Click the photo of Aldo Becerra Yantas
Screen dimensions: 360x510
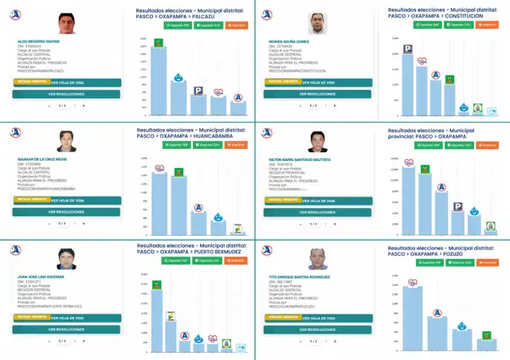67,23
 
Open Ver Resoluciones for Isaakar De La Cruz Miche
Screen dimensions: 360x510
67,212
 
